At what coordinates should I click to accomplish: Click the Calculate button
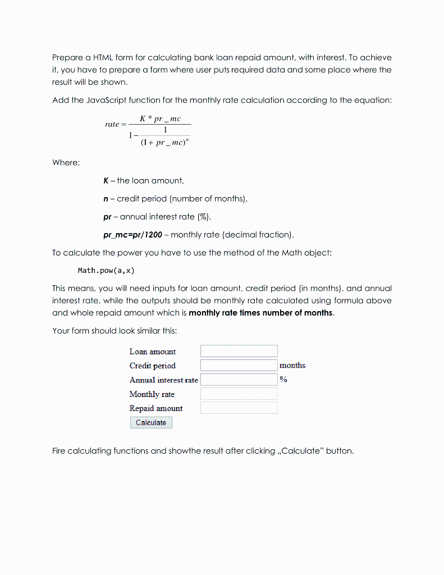pos(150,423)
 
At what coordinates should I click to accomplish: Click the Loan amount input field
pos(239,351)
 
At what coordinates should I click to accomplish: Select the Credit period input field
pos(239,366)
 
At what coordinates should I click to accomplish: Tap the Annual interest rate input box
pos(239,380)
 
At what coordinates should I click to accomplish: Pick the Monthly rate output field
pos(239,394)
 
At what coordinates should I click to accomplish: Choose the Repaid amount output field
pos(239,408)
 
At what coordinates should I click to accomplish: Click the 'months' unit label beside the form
pos(292,366)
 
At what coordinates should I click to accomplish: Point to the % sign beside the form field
pos(283,380)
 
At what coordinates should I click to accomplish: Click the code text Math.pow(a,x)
pos(102,271)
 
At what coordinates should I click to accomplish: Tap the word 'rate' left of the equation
pos(112,124)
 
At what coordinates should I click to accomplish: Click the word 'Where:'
pos(66,162)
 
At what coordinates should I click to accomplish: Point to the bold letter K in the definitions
pos(106,181)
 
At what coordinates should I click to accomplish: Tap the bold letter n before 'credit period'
pos(106,199)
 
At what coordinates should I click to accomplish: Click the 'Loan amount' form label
pos(152,352)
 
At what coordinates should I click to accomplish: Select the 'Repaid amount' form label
pos(155,408)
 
